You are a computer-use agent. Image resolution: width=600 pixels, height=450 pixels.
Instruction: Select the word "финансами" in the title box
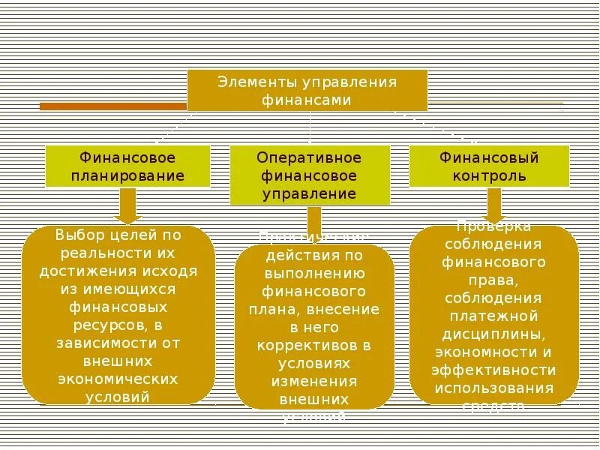307,99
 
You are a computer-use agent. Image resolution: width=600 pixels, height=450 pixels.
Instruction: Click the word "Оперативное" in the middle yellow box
309,157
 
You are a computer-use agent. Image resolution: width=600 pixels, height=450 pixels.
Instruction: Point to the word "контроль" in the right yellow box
489,176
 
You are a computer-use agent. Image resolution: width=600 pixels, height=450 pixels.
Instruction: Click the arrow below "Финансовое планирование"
128,205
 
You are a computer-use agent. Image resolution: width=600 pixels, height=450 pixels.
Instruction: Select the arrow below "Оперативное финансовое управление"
313,222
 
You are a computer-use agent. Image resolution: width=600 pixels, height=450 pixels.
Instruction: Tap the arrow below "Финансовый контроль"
493,205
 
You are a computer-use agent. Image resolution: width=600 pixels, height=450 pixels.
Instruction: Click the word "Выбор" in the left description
78,235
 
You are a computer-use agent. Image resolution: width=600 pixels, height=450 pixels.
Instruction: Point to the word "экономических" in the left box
118,379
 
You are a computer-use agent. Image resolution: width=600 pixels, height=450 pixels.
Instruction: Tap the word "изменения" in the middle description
313,382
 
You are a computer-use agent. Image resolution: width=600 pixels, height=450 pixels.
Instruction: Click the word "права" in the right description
493,280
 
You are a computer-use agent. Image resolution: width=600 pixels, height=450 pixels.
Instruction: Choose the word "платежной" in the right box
493,316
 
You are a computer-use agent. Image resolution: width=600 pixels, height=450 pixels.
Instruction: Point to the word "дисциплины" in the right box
493,334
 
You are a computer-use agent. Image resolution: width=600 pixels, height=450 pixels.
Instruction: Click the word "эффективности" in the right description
493,370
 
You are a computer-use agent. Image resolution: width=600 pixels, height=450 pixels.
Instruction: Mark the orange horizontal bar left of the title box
112,106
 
